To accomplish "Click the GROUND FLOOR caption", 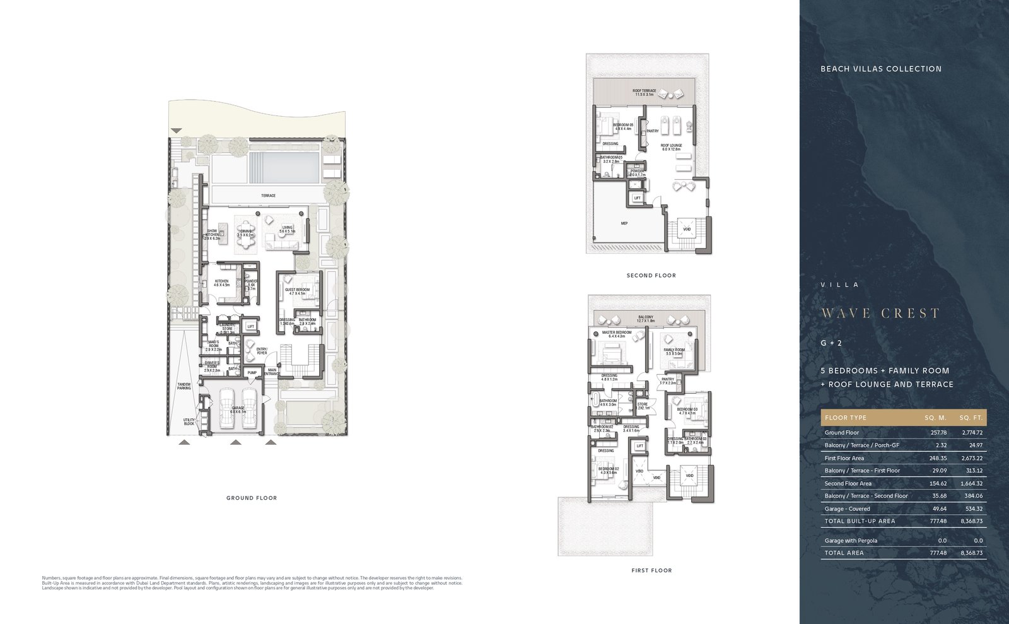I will pos(252,498).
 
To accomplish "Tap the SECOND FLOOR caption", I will pos(651,275).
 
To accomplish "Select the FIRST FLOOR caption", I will pos(651,570).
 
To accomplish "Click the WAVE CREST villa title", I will pos(880,314).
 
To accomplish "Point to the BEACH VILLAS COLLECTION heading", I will pos(880,69).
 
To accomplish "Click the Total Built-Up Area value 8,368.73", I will pos(971,521).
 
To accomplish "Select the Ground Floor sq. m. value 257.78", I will pos(938,433).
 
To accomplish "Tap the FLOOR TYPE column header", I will pos(845,418).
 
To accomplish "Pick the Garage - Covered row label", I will pos(847,509).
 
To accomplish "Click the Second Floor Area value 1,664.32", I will pos(971,483).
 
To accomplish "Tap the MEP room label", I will pos(624,223).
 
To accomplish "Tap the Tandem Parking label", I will pos(184,386).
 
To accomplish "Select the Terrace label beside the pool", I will pos(268,196).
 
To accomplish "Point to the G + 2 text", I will pos(831,343).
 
